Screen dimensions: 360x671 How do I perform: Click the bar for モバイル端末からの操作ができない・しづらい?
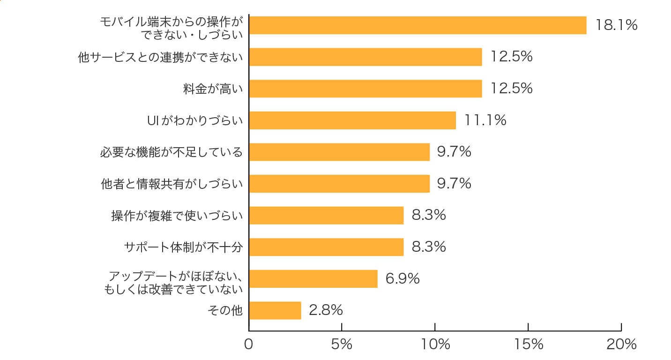click(418, 25)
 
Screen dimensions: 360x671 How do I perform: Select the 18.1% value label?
click(616, 25)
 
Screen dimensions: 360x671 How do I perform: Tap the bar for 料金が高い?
click(365, 89)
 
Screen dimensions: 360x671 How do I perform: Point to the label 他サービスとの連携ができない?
click(161, 57)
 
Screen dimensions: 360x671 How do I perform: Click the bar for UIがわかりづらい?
click(352, 120)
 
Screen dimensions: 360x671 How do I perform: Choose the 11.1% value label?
click(485, 120)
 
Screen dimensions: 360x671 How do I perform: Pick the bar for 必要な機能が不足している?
click(339, 152)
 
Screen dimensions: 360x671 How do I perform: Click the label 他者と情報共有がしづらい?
click(172, 184)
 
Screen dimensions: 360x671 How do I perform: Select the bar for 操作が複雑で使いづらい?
click(326, 215)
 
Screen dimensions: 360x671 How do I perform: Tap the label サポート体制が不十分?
click(183, 247)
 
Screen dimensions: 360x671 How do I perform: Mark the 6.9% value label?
click(402, 278)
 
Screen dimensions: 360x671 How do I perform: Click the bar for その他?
click(275, 310)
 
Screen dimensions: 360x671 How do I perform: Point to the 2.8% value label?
click(326, 310)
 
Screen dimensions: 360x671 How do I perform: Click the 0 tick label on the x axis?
click(248, 345)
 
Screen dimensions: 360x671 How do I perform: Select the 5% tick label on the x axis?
click(342, 345)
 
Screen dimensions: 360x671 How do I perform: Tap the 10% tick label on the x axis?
click(435, 345)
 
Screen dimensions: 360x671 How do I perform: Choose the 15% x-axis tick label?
click(528, 345)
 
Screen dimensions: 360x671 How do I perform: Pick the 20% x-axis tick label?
click(621, 345)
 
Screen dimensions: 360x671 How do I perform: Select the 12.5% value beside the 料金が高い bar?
click(511, 89)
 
